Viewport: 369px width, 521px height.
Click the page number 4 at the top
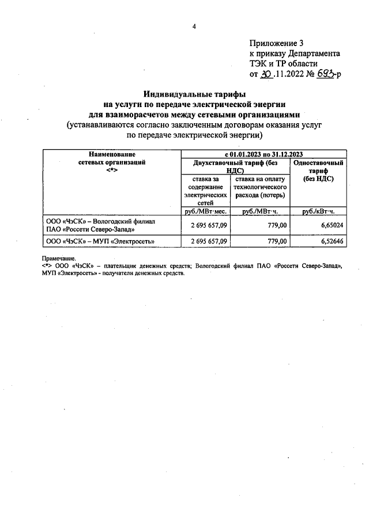194,26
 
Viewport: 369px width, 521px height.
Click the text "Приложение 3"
276,43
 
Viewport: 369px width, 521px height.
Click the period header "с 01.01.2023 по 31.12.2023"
264,154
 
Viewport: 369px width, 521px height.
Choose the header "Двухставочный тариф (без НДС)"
235,166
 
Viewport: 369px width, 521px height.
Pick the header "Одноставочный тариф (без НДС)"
319,171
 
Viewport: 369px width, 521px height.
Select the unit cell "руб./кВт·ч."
319,211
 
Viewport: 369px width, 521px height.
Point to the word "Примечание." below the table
59,258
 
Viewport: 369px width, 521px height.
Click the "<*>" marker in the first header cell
112,170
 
